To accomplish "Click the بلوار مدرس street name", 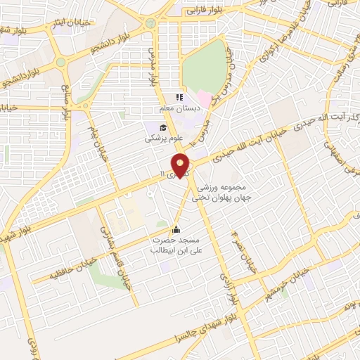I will (152, 67).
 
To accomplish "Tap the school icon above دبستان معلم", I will (179, 97).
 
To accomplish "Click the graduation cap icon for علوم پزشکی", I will (164, 127).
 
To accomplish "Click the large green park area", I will (205, 67).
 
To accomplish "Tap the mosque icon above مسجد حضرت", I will (176, 229).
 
